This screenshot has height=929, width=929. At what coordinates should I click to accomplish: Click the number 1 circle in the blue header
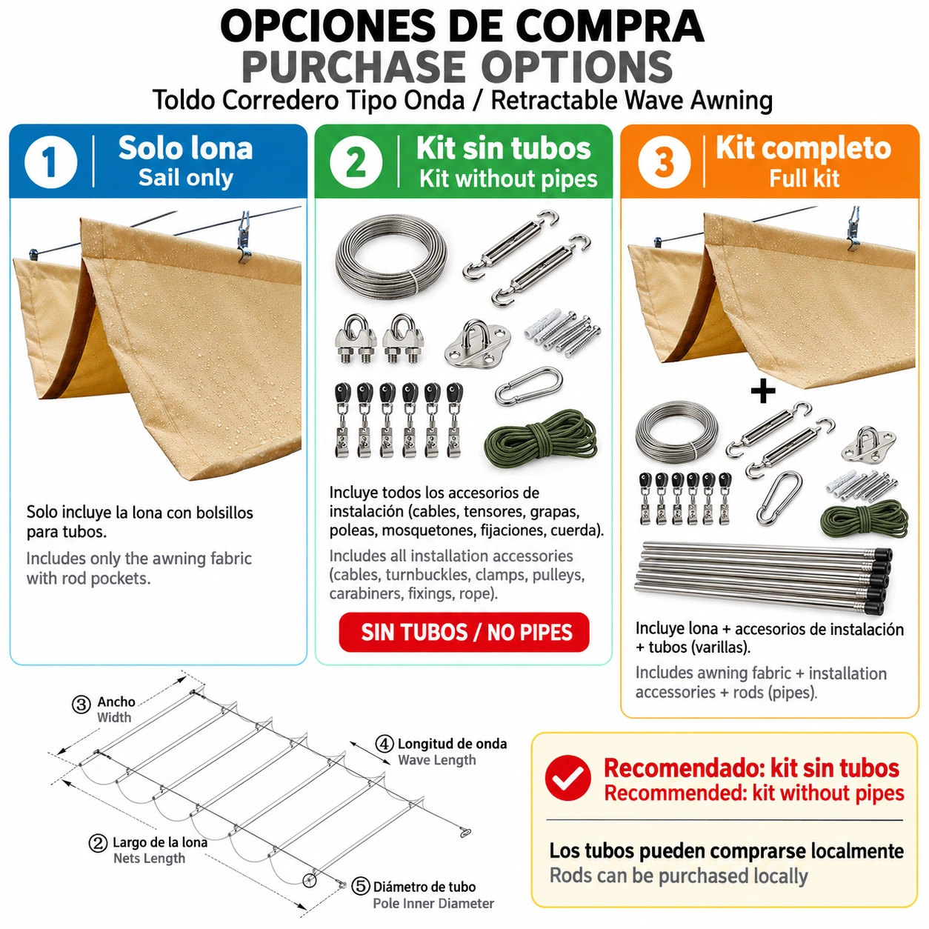[50, 162]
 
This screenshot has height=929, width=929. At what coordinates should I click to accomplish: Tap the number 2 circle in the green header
[356, 162]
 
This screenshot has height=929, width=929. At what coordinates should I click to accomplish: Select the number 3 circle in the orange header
[664, 162]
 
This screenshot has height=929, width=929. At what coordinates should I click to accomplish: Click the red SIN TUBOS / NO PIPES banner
[464, 632]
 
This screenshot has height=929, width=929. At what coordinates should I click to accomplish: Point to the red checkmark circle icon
[568, 778]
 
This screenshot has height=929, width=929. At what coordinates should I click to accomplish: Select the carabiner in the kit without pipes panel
[529, 386]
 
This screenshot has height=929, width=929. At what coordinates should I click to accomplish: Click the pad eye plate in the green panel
[477, 344]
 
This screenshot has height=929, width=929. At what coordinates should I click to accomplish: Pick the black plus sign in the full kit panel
[763, 391]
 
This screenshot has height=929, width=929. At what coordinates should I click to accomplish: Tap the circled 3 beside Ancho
[81, 705]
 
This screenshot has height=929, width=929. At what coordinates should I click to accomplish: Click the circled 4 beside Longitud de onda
[384, 743]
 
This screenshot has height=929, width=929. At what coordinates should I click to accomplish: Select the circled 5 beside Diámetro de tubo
[361, 886]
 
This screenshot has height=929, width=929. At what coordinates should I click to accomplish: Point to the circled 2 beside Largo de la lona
[98, 843]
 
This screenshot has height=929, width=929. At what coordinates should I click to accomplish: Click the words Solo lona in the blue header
[186, 147]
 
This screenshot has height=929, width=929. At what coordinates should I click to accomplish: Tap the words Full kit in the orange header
[804, 178]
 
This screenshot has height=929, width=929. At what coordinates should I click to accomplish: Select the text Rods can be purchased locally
[679, 876]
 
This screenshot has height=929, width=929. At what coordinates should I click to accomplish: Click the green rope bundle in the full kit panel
[864, 520]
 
